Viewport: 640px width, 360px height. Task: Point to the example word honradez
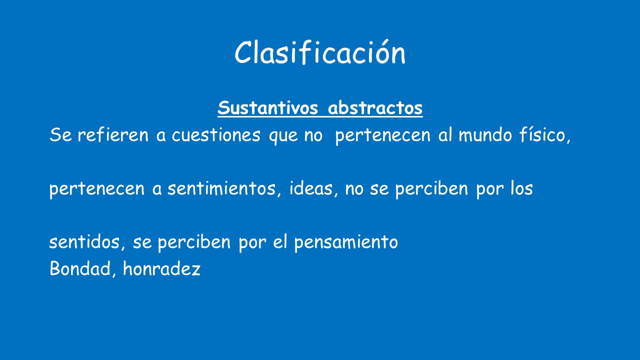pyautogui.click(x=161, y=269)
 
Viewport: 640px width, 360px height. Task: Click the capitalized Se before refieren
pyautogui.click(x=60, y=135)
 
